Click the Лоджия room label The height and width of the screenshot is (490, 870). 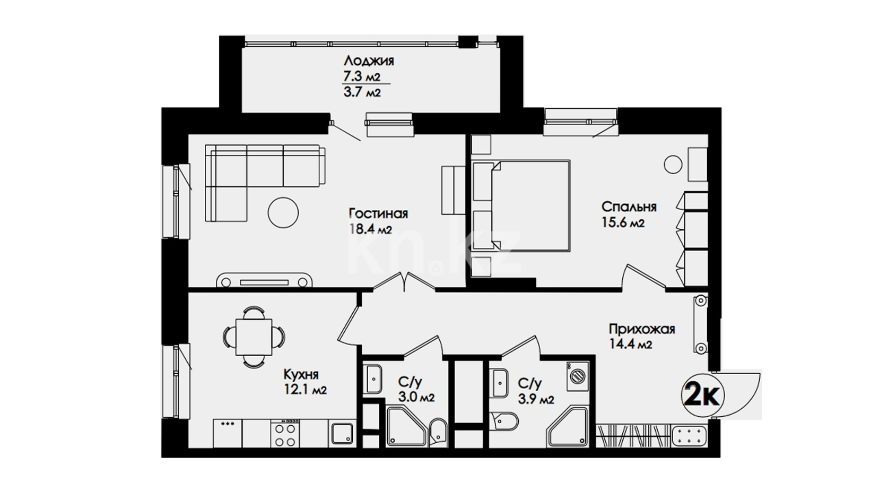point(369,61)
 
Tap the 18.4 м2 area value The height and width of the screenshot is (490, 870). point(370,229)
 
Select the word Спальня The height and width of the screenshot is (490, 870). point(629,207)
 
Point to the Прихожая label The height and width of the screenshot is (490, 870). point(642,330)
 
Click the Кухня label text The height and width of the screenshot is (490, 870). point(301,375)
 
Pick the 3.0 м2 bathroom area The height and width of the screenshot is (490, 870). point(416,398)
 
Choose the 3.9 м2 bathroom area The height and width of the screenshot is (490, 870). point(536,399)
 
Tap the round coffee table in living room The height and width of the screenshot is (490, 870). point(283,212)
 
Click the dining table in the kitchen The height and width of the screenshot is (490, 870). point(254,337)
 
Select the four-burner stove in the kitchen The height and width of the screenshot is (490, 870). point(285,433)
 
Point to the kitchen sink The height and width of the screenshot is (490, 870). point(342,434)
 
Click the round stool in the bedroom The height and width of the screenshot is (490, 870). point(673,165)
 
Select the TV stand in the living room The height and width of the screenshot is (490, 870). point(265,280)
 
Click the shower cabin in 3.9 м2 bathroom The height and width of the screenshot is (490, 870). point(568,426)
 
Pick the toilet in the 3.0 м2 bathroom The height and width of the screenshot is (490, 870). point(439,433)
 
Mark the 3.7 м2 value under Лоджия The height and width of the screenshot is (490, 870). point(362,93)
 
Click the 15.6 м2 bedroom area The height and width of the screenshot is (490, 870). point(623,222)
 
